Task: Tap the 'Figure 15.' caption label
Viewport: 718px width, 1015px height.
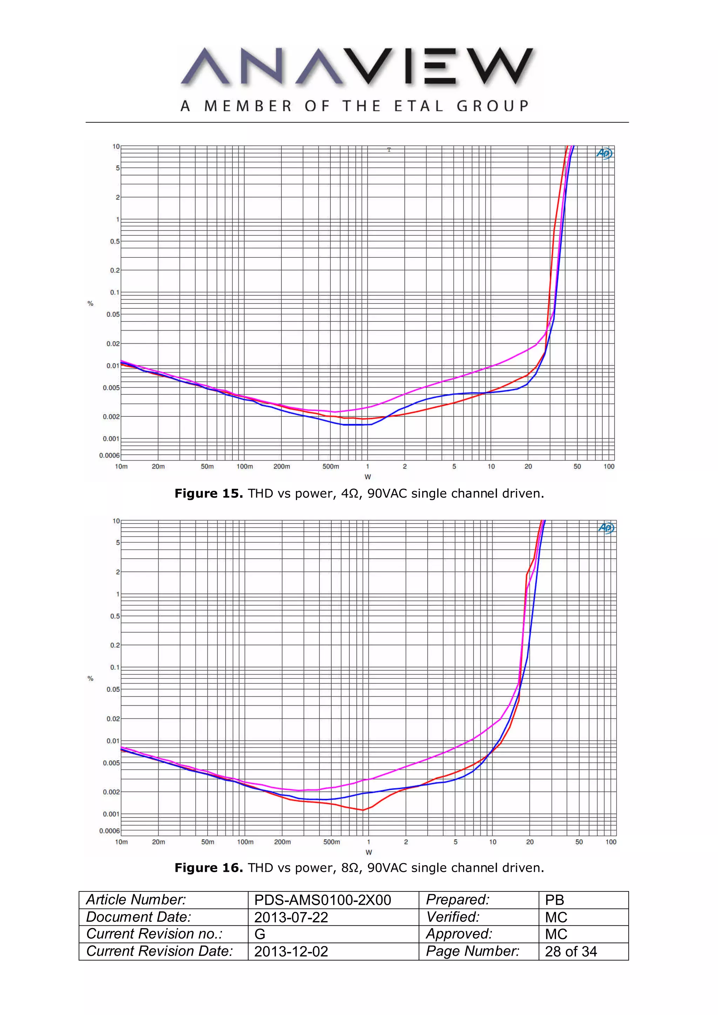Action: coord(208,493)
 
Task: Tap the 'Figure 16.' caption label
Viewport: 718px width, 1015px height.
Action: coord(208,868)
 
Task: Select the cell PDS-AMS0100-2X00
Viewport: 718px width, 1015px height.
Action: coord(323,900)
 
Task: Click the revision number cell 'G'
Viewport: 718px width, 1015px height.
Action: coord(260,934)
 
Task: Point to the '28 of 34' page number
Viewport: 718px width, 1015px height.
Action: coord(571,951)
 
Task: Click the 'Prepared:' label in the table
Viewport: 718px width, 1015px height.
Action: coord(458,900)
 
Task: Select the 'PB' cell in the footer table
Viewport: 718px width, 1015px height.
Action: coord(554,900)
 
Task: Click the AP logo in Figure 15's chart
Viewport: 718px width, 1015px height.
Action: coord(604,153)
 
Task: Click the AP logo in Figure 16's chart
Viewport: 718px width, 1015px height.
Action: coord(606,528)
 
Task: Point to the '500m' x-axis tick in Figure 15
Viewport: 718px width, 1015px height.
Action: coord(331,467)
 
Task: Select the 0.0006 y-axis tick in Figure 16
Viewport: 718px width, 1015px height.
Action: coord(109,831)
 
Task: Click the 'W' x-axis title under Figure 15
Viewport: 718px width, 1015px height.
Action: coord(368,477)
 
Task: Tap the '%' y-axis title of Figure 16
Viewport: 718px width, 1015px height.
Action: coord(90,678)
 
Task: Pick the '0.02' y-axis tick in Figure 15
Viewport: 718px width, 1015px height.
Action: coord(113,344)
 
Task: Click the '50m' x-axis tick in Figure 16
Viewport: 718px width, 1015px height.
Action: coord(208,842)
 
